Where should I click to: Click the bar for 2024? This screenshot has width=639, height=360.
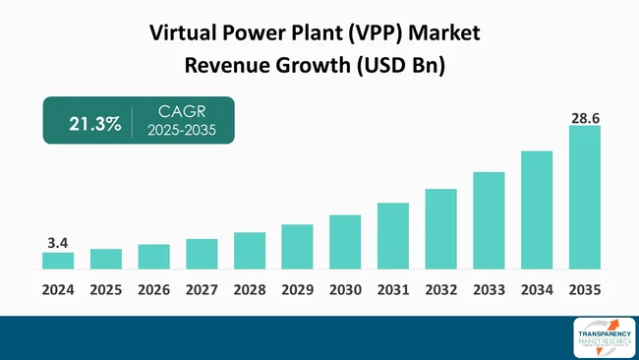[58, 261]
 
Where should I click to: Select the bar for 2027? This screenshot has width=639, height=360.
[202, 254]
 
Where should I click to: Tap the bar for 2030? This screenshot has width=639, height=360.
[345, 242]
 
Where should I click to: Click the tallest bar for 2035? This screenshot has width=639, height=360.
[584, 197]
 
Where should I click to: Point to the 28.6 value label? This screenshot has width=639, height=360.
[584, 117]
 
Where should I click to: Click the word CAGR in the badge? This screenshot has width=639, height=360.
[180, 113]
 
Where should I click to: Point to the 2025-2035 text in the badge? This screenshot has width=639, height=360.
[181, 131]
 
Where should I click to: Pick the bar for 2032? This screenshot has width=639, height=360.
[440, 229]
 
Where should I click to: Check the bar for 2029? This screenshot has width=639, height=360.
[297, 247]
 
